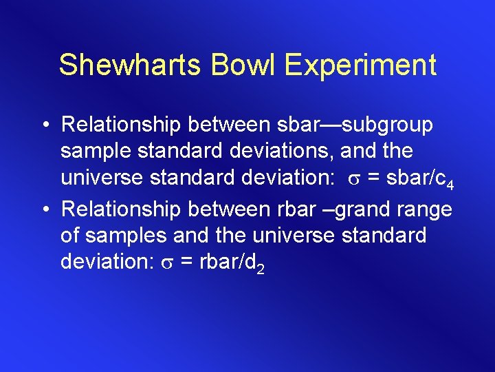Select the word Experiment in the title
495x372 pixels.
[361, 65]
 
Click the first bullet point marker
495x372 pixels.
[44, 126]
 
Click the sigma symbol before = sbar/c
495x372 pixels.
[351, 178]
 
